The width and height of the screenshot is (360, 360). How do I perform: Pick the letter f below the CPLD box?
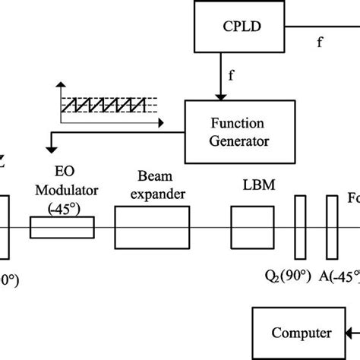pos(231,74)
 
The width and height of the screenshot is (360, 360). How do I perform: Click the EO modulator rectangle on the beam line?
pos(62,226)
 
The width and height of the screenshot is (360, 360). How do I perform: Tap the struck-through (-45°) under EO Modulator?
pos(62,208)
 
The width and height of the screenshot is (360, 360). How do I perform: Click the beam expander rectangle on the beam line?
pos(150,226)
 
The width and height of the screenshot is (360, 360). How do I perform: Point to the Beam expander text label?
pos(150,187)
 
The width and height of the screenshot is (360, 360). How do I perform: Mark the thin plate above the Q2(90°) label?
pos(300,226)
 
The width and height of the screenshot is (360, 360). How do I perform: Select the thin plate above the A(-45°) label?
pos(331,226)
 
